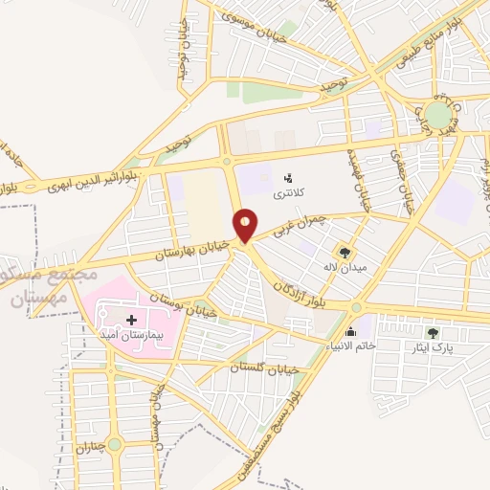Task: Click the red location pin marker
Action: coord(246,224)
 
